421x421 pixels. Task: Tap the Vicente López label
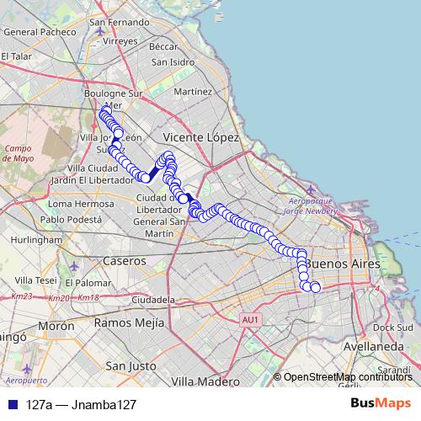tap(201, 136)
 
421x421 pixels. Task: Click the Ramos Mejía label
tap(125, 322)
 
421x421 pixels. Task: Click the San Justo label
tap(130, 366)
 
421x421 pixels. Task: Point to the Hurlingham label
tap(31, 239)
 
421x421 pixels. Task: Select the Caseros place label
tap(124, 261)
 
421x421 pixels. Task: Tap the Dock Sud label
tap(391, 328)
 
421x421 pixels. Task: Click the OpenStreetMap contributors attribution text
tap(346, 376)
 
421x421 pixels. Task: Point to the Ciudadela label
tap(152, 299)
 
